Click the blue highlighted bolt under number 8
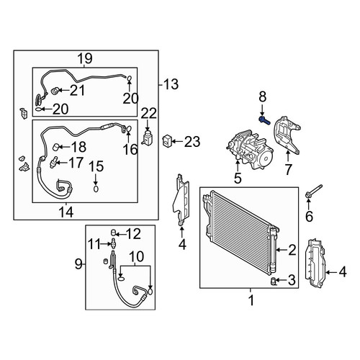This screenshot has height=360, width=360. point(264,120)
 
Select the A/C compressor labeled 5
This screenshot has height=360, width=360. point(250,150)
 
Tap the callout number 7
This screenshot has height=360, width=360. point(288,169)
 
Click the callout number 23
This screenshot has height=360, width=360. point(192,142)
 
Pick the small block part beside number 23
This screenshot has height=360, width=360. point(167,140)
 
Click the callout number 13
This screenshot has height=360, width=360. point(171,84)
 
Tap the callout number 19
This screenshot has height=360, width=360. point(84,58)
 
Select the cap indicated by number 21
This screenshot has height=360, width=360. point(55,91)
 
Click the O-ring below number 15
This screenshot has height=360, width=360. point(96,189)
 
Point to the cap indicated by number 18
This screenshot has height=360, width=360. point(55,147)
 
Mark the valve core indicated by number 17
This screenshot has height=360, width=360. point(53,163)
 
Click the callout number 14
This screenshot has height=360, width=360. point(66,212)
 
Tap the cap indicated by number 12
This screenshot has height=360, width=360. point(113,233)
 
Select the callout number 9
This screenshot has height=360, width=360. point(78,264)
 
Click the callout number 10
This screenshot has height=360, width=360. point(137,256)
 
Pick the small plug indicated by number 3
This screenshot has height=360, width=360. point(274,281)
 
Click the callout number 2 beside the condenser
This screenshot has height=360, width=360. point(292,250)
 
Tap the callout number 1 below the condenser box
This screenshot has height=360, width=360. point(251,300)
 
